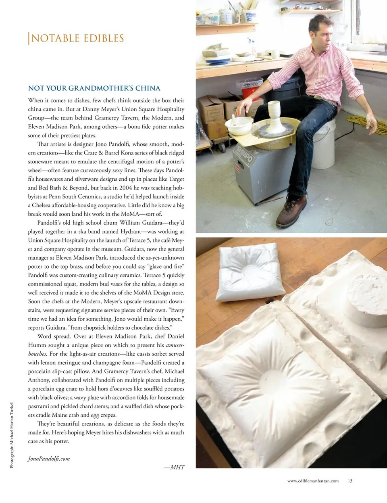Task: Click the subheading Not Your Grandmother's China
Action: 94,88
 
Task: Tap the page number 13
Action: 350,481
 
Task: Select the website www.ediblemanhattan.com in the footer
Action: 313,481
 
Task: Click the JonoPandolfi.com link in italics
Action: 49,459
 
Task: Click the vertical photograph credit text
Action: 12,434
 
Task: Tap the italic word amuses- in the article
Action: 175,345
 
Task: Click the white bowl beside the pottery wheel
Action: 239,125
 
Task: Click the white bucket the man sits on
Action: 324,145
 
